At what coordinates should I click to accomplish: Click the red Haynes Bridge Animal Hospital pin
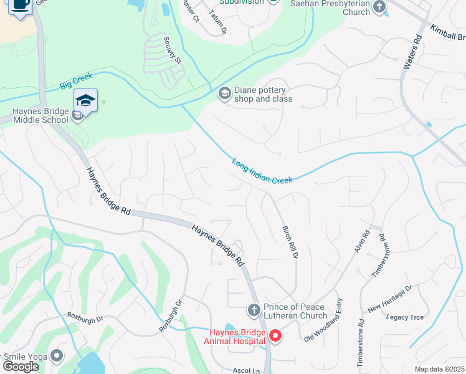tap(275, 337)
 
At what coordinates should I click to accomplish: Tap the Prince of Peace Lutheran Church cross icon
tap(254, 310)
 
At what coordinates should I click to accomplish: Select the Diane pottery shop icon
tap(224, 94)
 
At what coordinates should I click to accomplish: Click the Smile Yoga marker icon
tap(57, 356)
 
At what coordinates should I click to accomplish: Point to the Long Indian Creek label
tap(262, 171)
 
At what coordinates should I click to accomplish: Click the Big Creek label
tap(76, 80)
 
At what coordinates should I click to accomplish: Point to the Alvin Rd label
tap(362, 241)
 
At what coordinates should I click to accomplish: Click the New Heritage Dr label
tap(390, 298)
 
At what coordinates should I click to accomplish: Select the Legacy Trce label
tap(405, 317)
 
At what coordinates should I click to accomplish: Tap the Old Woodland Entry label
tap(323, 329)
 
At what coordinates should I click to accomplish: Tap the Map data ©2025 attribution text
tap(439, 369)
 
